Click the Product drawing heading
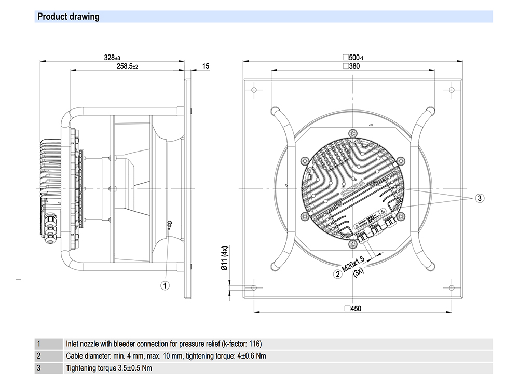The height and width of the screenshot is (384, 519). click(68, 17)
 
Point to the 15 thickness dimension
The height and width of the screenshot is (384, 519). click(206, 66)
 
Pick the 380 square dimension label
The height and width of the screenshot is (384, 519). click(352, 66)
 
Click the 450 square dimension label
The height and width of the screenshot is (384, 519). click(352, 308)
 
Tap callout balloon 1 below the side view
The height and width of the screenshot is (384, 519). click(165, 285)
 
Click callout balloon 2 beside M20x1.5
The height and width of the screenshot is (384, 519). click(338, 274)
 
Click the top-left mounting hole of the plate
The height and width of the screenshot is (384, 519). click(254, 90)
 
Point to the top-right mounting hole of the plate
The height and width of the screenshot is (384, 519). click(451, 90)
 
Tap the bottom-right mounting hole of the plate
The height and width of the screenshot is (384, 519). click(451, 287)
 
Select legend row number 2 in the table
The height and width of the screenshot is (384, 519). click(39, 356)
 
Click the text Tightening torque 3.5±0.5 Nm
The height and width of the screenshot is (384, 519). click(109, 368)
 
